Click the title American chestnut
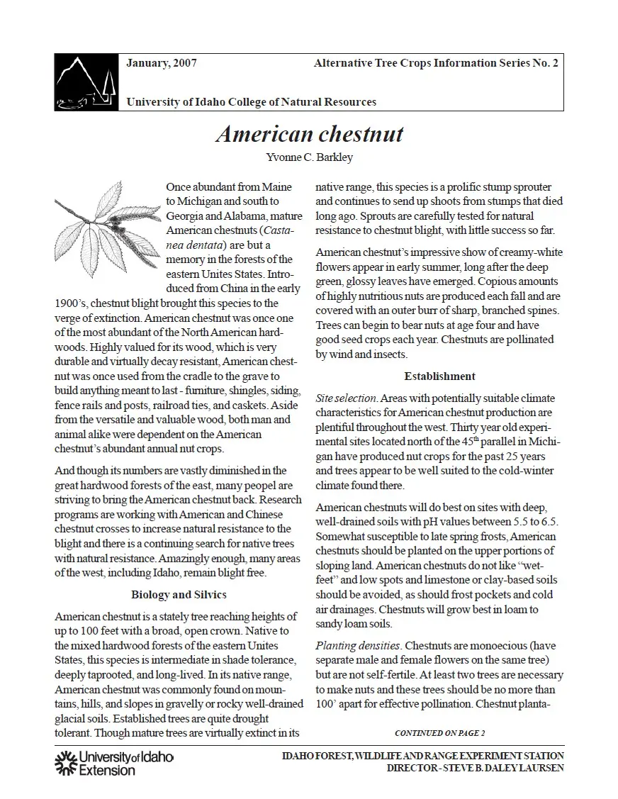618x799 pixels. pyautogui.click(x=309, y=134)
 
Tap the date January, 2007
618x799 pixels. pyautogui.click(x=162, y=63)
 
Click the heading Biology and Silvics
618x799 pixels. pyautogui.click(x=179, y=594)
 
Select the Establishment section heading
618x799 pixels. pyautogui.click(x=439, y=376)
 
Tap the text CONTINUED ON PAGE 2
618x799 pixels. pyautogui.click(x=439, y=732)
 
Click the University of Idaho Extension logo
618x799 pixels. pyautogui.click(x=113, y=763)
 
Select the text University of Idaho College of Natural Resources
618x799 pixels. pyautogui.click(x=251, y=102)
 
